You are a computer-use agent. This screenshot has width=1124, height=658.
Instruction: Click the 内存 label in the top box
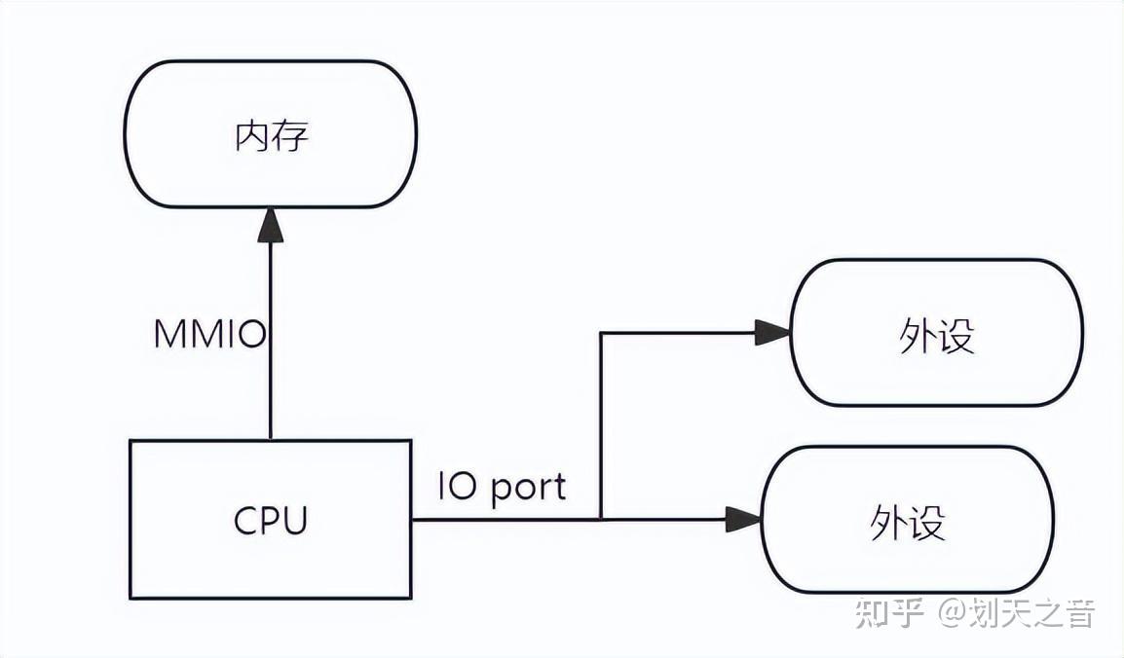tap(272, 135)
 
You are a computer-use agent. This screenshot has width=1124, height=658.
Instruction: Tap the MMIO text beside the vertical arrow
tap(209, 335)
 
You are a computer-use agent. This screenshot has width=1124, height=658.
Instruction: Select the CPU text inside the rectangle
tap(271, 521)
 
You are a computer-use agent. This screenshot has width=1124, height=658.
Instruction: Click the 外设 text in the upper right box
tap(936, 337)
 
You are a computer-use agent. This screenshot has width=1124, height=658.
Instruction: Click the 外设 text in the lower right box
tap(907, 524)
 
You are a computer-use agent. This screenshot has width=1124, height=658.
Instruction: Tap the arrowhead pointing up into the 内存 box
tap(271, 226)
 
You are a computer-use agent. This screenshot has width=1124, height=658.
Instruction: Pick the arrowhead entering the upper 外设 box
tap(771, 334)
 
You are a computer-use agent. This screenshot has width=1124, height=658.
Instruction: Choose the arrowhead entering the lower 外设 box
tap(743, 520)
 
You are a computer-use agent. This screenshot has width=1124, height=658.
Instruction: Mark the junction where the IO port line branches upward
tap(601, 520)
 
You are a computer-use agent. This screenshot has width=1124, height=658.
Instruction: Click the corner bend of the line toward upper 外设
tap(601, 334)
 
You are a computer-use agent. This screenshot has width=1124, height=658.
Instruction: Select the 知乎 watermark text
tap(889, 614)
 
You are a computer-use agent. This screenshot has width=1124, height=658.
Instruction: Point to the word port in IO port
tap(527, 487)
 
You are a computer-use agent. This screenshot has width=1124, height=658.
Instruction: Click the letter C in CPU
tap(246, 521)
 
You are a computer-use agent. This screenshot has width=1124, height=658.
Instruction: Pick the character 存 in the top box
tap(290, 135)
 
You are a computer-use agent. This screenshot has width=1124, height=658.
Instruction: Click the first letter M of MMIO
tap(169, 335)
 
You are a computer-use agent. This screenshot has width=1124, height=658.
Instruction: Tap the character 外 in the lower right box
tap(887, 524)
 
